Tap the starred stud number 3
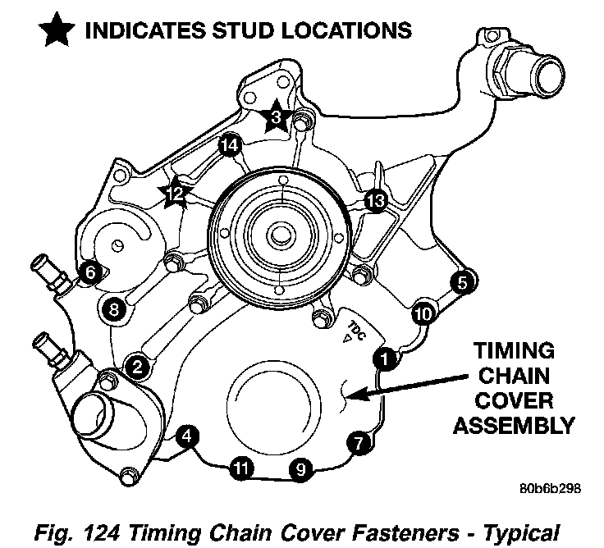pyautogui.click(x=277, y=117)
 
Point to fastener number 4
pyautogui.click(x=188, y=436)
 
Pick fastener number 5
pyautogui.click(x=462, y=283)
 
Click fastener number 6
pyautogui.click(x=90, y=271)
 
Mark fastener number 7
pyautogui.click(x=357, y=442)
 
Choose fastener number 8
pyautogui.click(x=112, y=309)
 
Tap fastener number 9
pyautogui.click(x=301, y=469)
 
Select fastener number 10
pyautogui.click(x=422, y=313)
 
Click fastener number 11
pyautogui.click(x=240, y=468)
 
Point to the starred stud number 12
pyautogui.click(x=175, y=194)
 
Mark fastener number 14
pyautogui.click(x=229, y=146)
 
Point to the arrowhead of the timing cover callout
pyautogui.click(x=349, y=398)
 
